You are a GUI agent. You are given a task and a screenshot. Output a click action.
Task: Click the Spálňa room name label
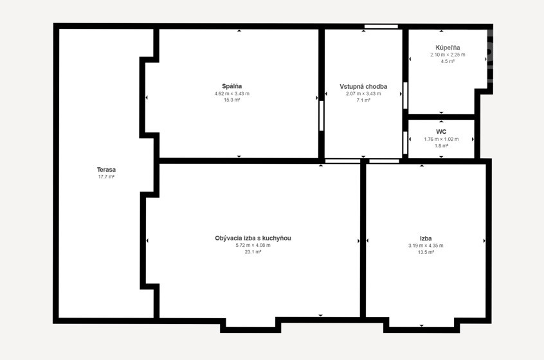[231, 86]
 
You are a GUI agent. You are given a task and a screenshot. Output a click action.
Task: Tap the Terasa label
[106, 170]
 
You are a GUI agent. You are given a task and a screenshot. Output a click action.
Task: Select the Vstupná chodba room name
[363, 86]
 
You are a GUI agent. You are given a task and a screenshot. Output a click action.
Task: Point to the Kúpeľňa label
[448, 48]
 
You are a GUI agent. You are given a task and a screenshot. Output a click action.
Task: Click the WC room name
[441, 132]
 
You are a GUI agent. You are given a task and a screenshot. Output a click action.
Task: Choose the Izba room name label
[425, 238]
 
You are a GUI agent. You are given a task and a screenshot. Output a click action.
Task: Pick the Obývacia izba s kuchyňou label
[253, 238]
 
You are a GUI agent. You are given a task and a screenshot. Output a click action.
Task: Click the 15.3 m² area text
[231, 100]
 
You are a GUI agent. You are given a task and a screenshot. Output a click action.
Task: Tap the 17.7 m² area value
[106, 177]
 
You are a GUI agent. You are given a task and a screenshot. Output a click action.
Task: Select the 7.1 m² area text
[363, 100]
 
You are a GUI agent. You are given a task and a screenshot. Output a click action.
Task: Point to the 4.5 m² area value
[448, 62]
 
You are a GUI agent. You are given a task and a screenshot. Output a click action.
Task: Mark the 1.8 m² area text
[441, 146]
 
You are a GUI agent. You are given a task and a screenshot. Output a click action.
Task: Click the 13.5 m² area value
[425, 252]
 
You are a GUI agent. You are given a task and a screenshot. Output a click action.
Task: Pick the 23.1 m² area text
[253, 252]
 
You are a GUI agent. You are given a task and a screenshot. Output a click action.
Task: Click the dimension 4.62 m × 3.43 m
[231, 93]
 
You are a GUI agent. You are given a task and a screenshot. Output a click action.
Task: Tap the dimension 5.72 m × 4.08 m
[253, 245]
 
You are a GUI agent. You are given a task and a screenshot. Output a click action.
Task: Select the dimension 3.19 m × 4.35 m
[425, 245]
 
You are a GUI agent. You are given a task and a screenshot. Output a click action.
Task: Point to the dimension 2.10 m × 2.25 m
[448, 55]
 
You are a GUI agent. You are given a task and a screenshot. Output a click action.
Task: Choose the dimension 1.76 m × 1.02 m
[441, 139]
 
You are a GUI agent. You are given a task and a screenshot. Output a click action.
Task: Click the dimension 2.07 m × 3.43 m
[363, 93]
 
